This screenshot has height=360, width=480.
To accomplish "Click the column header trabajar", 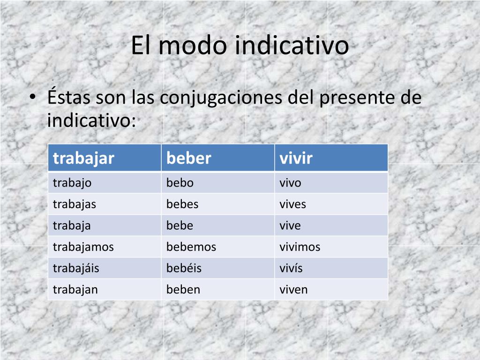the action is (x=83, y=159).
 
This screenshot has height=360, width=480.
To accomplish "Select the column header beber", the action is (x=188, y=158).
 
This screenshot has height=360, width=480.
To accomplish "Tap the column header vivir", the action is (x=296, y=158).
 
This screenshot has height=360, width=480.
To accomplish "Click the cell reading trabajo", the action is (x=72, y=183).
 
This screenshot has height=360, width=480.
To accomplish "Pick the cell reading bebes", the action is (x=182, y=204).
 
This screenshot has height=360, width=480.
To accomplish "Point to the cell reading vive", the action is (x=290, y=225).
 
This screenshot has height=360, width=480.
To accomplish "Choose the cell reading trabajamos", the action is (x=83, y=247).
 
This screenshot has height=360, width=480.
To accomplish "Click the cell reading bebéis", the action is (x=184, y=268).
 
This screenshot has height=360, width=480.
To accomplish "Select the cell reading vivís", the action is (x=291, y=268).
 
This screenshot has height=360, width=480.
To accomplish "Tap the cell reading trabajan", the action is (x=75, y=290).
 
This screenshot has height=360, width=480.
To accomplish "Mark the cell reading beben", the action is (x=183, y=289).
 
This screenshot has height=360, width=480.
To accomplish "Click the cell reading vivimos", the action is (x=300, y=247).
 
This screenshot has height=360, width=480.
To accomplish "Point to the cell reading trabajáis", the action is (x=76, y=268).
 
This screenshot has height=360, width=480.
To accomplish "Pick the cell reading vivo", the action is (x=290, y=183).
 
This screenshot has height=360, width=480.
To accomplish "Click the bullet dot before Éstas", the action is (x=33, y=97).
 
